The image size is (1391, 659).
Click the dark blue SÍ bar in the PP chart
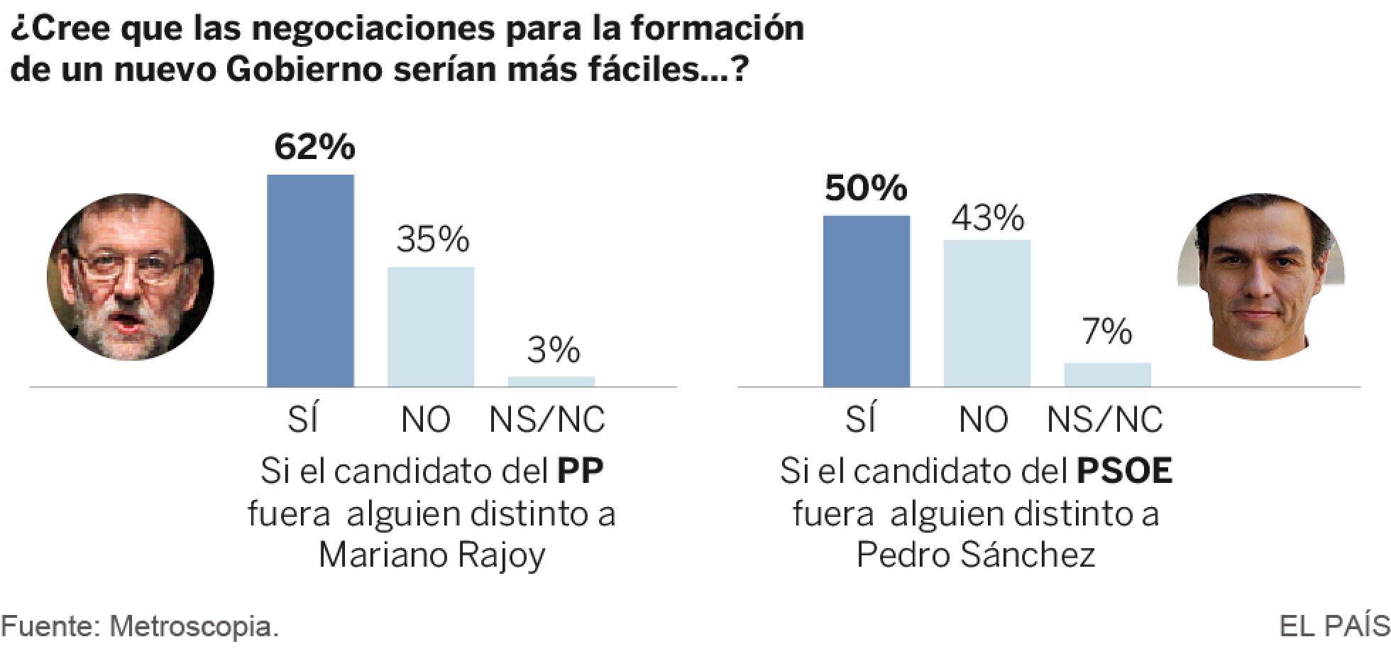tap(310, 281)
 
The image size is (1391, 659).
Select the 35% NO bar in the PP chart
tap(431, 327)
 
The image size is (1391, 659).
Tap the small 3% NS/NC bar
tap(551, 381)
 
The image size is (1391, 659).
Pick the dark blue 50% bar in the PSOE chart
tap(867, 301)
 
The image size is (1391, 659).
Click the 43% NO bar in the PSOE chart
tap(987, 313)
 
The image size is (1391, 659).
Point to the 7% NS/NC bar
tap(1108, 375)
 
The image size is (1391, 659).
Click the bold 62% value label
tap(314, 147)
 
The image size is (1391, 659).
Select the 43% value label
tap(988, 218)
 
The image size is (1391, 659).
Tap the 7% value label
tap(1108, 332)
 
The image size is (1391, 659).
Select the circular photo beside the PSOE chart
tap(1261, 277)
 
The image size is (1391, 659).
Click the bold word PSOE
tap(1125, 472)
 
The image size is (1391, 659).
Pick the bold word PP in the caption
tap(580, 472)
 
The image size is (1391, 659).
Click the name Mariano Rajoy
tap(431, 555)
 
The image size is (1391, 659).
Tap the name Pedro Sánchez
tap(976, 555)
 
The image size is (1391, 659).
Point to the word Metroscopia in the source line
tap(193, 627)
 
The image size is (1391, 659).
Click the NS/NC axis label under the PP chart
tap(547, 420)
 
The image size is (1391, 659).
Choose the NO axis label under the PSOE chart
tap(984, 420)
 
